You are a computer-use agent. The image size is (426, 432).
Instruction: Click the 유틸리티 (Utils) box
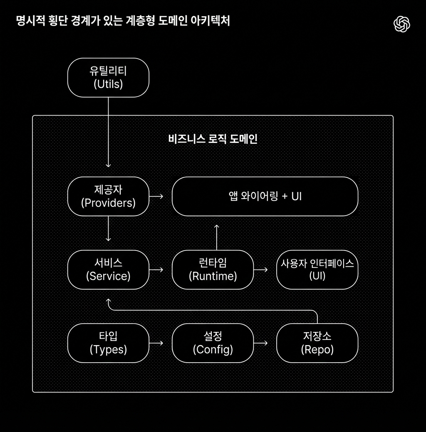(x=108, y=78)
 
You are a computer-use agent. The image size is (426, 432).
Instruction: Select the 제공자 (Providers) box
(x=108, y=196)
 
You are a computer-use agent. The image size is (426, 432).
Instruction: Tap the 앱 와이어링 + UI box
(x=265, y=196)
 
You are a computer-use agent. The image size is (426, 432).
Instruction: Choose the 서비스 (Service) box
(x=108, y=270)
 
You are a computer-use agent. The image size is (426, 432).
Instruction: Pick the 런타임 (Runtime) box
(x=213, y=270)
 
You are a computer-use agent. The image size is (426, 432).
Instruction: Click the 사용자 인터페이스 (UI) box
(x=317, y=270)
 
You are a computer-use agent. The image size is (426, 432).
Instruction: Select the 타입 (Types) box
(x=108, y=343)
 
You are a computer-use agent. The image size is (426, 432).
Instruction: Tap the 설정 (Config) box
(x=213, y=343)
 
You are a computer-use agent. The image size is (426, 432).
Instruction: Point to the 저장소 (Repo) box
(x=317, y=343)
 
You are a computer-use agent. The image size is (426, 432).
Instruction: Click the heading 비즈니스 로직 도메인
(x=213, y=139)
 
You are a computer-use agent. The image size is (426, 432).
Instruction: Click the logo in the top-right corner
(x=402, y=24)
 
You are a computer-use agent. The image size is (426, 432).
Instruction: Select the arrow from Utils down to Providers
(x=108, y=133)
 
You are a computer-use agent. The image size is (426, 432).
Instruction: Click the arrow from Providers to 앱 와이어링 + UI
(x=156, y=196)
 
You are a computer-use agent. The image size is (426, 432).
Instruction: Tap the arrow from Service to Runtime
(x=156, y=270)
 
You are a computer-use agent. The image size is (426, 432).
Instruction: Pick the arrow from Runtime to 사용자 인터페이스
(x=261, y=270)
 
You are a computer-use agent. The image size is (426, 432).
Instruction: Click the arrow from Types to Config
(x=156, y=343)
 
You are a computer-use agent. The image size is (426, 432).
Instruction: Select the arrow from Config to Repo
(x=261, y=343)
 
